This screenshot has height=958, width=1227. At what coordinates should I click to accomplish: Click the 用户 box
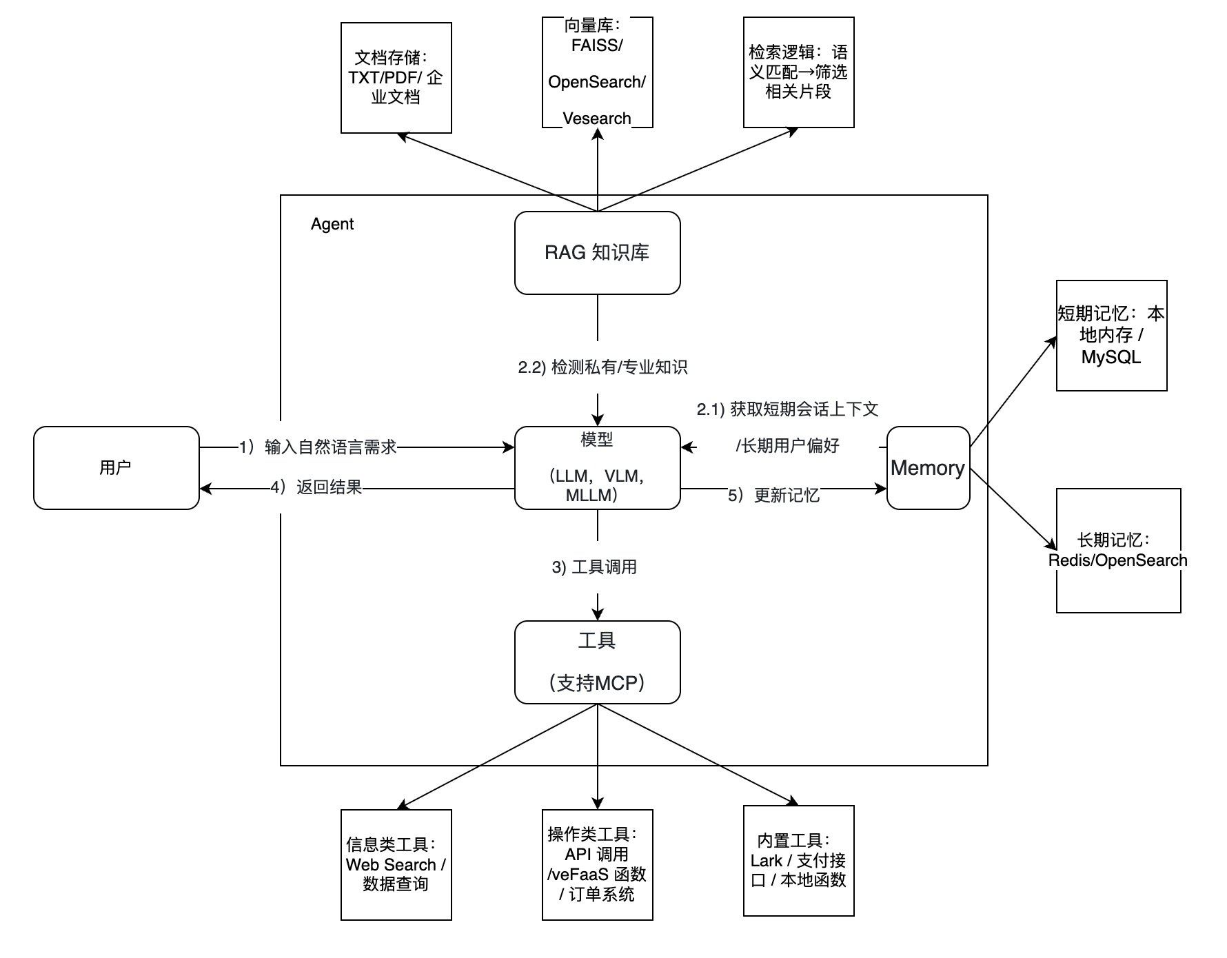[x=116, y=468]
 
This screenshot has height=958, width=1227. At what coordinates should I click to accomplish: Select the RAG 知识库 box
[x=597, y=253]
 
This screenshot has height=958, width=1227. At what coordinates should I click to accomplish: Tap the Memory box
[x=928, y=468]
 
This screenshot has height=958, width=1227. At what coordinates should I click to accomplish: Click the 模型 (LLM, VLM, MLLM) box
[x=597, y=468]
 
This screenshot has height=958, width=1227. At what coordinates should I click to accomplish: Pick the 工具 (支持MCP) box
[x=597, y=662]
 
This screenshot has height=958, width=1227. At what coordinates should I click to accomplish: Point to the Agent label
[x=332, y=224]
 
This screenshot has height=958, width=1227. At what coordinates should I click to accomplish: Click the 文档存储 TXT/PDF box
[x=396, y=78]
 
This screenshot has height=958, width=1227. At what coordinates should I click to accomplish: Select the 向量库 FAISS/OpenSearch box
[x=597, y=73]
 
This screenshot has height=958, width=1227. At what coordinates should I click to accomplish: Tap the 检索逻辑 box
[x=798, y=72]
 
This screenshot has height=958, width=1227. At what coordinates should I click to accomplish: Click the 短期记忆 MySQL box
[x=1111, y=336]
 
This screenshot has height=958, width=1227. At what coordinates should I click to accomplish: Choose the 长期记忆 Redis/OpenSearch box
[x=1118, y=551]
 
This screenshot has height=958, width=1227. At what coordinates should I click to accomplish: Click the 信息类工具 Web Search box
[x=396, y=865]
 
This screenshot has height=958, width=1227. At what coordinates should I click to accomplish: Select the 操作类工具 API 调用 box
[x=597, y=865]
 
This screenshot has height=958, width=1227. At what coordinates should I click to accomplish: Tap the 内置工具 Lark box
[x=798, y=861]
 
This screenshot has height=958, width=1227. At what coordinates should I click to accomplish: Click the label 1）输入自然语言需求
[x=318, y=447]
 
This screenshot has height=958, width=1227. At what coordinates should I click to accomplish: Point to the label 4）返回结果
[x=316, y=488]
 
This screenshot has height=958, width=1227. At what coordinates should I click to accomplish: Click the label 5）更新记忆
[x=773, y=496]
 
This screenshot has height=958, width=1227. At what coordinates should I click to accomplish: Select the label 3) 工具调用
[x=594, y=567]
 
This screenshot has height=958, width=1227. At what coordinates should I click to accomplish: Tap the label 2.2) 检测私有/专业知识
[x=602, y=367]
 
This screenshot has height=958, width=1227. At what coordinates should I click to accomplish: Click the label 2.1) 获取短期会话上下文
[x=787, y=410]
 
